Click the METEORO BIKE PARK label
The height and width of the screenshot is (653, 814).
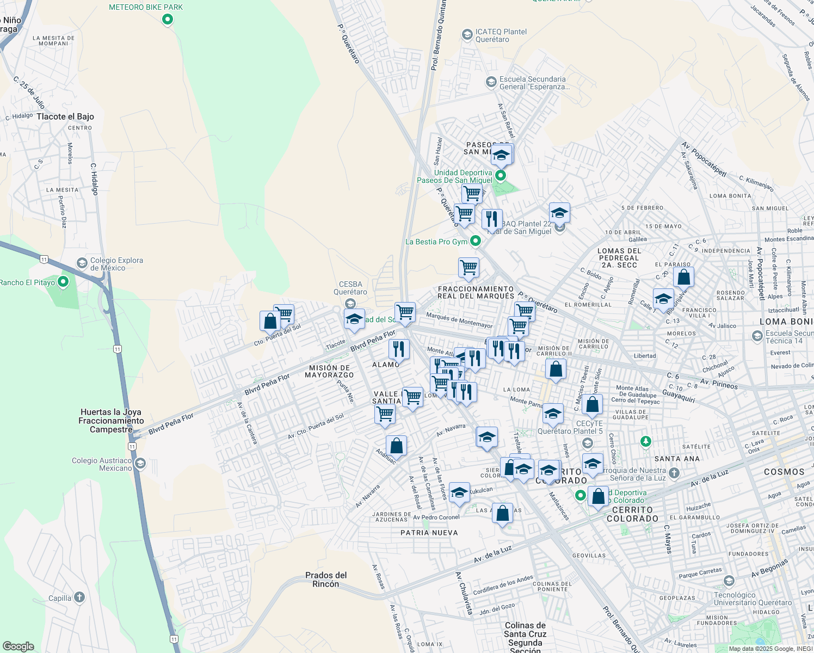point(146,7)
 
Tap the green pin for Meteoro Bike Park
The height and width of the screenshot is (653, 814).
point(168,20)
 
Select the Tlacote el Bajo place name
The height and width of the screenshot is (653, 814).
point(65,116)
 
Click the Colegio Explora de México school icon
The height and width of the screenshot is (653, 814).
point(82,264)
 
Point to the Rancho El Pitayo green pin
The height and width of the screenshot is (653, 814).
point(63,282)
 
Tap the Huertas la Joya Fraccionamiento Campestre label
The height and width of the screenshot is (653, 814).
point(111,421)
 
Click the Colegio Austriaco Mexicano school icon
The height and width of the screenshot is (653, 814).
point(140,464)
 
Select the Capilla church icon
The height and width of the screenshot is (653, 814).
point(79,597)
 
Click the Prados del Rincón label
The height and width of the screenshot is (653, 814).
point(326,580)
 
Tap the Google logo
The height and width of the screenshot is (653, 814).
point(18,646)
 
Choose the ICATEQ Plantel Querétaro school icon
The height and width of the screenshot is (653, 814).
point(467,35)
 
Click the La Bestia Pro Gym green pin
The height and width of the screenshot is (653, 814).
point(476,241)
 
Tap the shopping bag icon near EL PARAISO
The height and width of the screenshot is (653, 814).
point(683,277)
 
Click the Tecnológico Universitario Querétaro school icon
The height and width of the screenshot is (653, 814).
point(729,581)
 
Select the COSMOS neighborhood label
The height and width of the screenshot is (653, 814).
point(784,472)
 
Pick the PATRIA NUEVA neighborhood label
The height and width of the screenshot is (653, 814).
point(429,533)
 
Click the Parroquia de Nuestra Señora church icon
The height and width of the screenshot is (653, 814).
point(674,473)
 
